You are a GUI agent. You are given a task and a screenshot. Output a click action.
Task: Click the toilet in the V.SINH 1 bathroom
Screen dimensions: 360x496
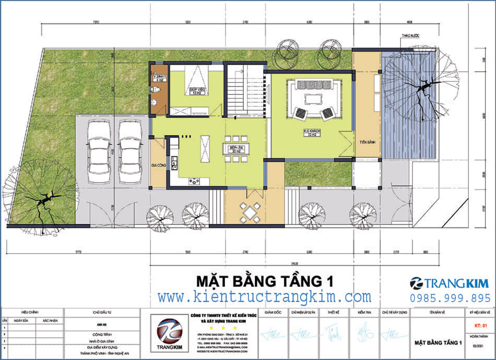click(x=154, y=90)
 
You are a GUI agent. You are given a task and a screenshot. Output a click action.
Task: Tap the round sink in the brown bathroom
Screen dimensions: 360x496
click(x=153, y=102)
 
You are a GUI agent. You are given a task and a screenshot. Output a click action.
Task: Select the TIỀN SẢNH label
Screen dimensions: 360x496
click(x=368, y=142)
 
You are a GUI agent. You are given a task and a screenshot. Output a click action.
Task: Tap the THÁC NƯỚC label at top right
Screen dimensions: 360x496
click(x=410, y=36)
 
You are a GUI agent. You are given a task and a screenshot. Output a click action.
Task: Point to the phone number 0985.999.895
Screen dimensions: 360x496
click(x=450, y=297)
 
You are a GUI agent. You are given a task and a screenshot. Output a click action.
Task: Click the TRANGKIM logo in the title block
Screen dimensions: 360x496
click(x=169, y=334)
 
